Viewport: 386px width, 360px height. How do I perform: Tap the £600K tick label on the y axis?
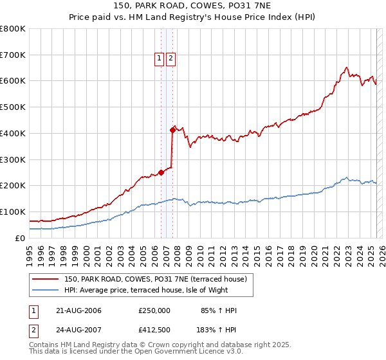click(13, 81)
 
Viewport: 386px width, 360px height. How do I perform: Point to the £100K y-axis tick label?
click(13, 212)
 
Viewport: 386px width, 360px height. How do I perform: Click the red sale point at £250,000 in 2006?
click(161, 172)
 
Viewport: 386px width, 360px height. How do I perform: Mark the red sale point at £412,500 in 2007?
click(172, 130)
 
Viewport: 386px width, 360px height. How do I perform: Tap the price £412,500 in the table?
click(154, 331)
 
